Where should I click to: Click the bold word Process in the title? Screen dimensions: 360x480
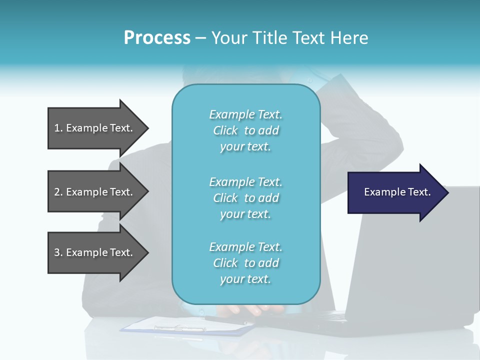pos(157,38)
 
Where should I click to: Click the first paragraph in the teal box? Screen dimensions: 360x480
pos(245,130)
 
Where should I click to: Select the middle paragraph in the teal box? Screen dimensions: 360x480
pos(245,198)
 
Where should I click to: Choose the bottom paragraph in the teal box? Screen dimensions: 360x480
pos(245,263)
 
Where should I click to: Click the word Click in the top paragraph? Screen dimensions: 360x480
pos(225,130)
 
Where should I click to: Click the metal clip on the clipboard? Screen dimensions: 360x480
pos(180,328)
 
